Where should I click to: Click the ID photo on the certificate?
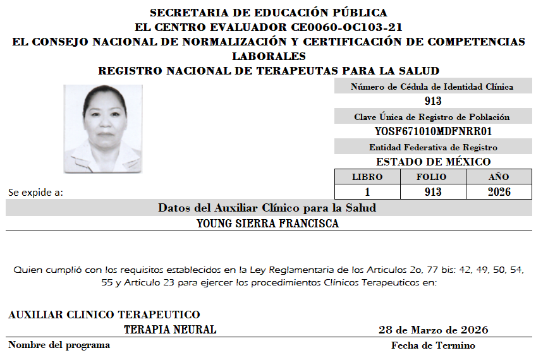[x=103, y=129]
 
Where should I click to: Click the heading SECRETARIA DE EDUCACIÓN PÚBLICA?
[x=269, y=13]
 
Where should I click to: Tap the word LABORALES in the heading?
[x=269, y=56]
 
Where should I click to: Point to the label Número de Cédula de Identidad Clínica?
[x=432, y=87]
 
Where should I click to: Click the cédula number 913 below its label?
[x=433, y=101]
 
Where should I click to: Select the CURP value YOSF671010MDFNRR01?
[x=433, y=131]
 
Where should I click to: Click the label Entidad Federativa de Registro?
[x=433, y=147]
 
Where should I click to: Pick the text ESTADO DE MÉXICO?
[x=433, y=162]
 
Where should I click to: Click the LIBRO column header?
[x=367, y=177]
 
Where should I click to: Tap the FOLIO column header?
[x=432, y=177]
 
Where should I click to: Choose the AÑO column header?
[x=499, y=177]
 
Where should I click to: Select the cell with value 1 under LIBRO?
[x=367, y=192]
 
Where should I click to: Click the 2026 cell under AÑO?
[x=499, y=192]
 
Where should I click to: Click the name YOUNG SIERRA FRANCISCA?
[x=267, y=224]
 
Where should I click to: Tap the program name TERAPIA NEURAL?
[x=170, y=330]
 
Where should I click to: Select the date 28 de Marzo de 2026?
[x=433, y=330]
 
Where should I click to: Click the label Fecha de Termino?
[x=433, y=345]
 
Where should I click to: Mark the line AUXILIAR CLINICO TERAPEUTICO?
[x=104, y=315]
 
